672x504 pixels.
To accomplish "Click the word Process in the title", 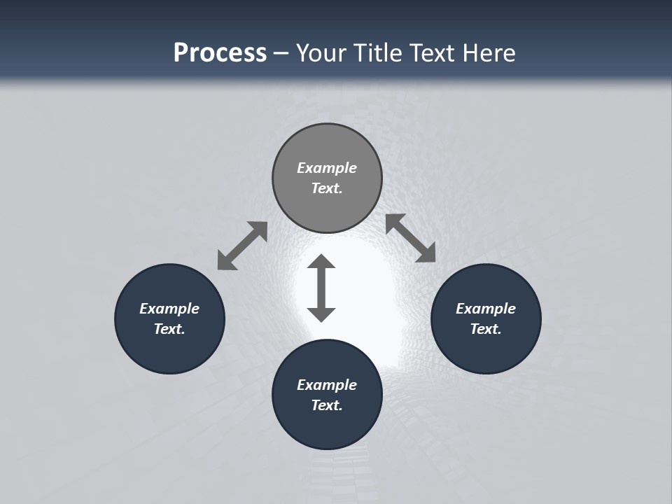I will pyautogui.click(x=220, y=52).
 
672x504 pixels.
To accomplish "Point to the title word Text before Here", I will pyautogui.click(x=434, y=52).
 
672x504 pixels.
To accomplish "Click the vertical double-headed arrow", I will pyautogui.click(x=321, y=288).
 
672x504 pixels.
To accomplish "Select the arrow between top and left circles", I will pyautogui.click(x=242, y=246).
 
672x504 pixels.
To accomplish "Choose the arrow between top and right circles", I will pyautogui.click(x=411, y=238).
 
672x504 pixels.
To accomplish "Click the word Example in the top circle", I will pyautogui.click(x=327, y=168).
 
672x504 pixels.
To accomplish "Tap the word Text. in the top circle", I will pyautogui.click(x=327, y=188).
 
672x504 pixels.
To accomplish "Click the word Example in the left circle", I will pyautogui.click(x=169, y=309).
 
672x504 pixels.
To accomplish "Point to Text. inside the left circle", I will pyautogui.click(x=169, y=329).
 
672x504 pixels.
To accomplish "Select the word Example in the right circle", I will pyautogui.click(x=486, y=309).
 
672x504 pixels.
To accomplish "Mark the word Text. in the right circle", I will pyautogui.click(x=486, y=329).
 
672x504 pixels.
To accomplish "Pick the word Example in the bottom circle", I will pyautogui.click(x=327, y=385).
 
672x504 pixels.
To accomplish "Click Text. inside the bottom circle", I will pyautogui.click(x=327, y=405).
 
